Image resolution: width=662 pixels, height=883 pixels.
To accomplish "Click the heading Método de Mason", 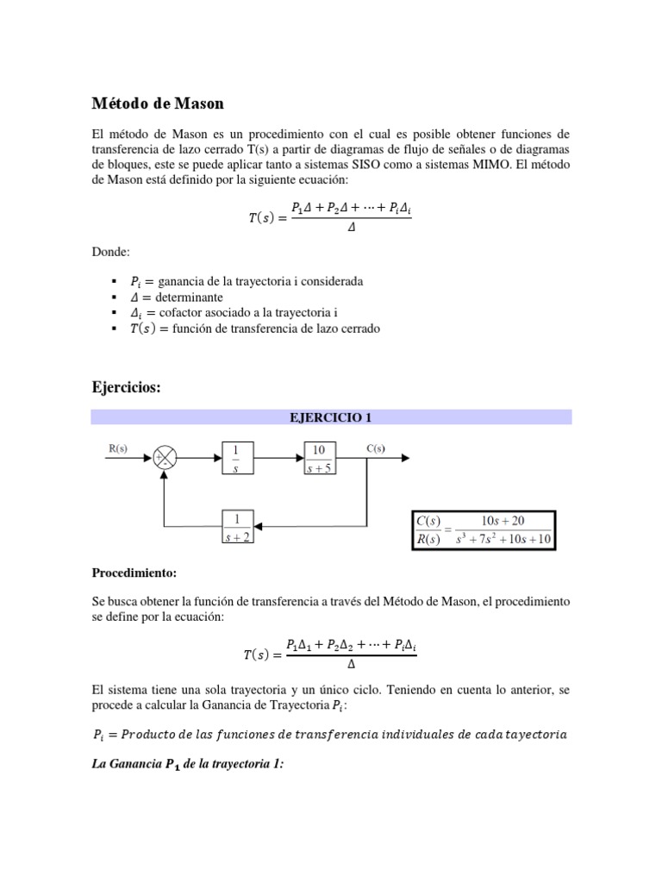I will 158,103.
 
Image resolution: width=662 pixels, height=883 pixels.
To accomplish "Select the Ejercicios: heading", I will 126,388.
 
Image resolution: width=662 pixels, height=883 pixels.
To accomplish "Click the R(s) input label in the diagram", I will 118,448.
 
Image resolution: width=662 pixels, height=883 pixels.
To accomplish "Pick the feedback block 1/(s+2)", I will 236,528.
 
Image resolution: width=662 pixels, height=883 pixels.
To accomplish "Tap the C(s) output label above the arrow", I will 375,448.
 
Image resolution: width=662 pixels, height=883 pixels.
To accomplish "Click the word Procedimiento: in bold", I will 133,573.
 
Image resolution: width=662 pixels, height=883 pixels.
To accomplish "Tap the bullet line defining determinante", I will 177,297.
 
